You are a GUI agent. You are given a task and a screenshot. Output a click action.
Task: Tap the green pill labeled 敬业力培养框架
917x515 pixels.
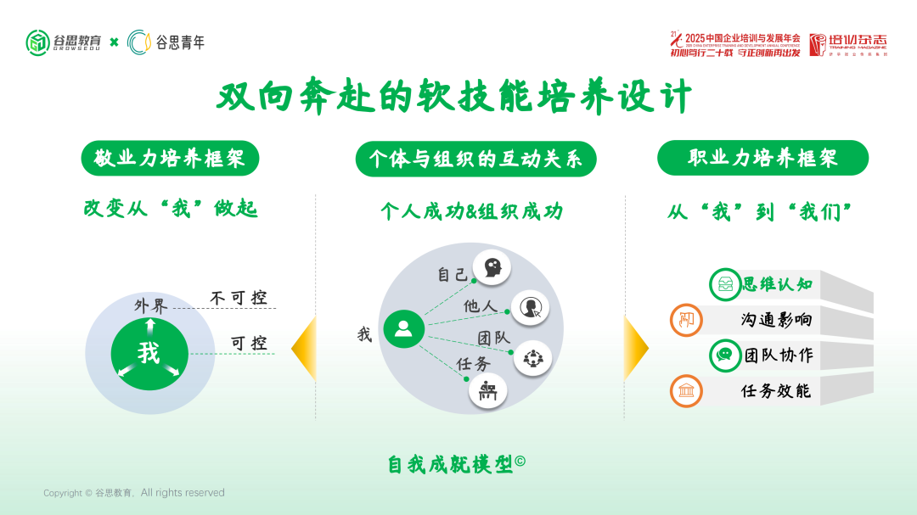click(x=170, y=159)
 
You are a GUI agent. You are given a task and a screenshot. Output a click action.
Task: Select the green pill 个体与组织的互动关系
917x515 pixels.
click(x=475, y=159)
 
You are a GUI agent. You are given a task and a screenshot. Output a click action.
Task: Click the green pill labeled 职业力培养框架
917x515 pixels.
click(x=762, y=159)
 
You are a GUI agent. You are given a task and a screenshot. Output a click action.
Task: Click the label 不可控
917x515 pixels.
click(x=239, y=298)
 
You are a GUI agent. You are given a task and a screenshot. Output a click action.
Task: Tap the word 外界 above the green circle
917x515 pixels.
click(x=151, y=305)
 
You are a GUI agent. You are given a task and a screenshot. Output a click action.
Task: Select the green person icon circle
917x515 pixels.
click(x=403, y=328)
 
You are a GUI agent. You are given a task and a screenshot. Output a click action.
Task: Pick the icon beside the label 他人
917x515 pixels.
click(x=530, y=307)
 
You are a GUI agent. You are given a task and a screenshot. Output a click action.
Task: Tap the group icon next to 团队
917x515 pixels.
click(x=532, y=357)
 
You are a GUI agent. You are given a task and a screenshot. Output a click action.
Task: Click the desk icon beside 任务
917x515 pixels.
click(x=487, y=391)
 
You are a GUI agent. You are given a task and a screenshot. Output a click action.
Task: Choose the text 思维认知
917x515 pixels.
click(x=777, y=284)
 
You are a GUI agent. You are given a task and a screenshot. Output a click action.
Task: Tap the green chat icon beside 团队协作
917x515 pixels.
click(x=724, y=355)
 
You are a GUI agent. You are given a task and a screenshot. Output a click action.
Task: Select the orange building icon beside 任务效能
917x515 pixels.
click(x=685, y=391)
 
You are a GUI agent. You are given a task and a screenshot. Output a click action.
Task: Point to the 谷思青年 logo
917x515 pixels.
click(x=166, y=42)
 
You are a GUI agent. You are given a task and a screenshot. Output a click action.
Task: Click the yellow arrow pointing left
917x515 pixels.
click(x=303, y=349)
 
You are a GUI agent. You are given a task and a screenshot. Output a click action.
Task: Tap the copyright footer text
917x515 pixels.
click(x=134, y=493)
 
